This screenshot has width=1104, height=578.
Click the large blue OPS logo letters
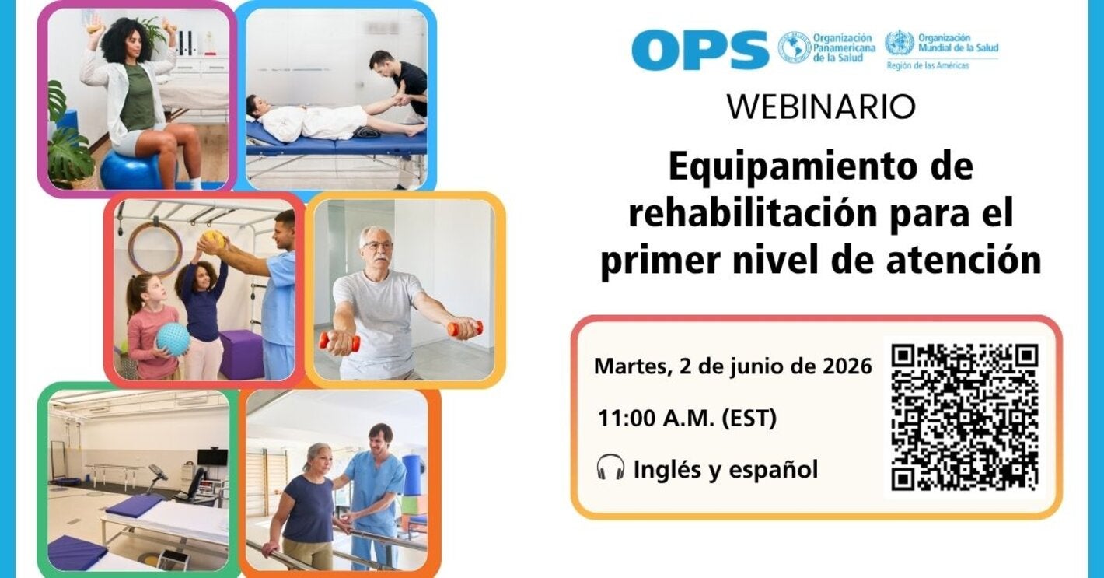pyautogui.click(x=700, y=51)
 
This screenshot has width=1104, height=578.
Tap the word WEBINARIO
pyautogui.click(x=820, y=107)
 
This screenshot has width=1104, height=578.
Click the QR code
pyautogui.click(x=965, y=418)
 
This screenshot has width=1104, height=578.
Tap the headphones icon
pyautogui.click(x=610, y=468)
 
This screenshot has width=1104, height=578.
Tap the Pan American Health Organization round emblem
pyautogui.click(x=794, y=47)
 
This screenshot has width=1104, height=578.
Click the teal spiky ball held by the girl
pyautogui.click(x=173, y=339)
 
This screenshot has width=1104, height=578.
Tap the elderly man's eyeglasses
pyautogui.click(x=379, y=245)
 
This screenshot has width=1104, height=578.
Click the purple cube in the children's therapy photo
pyautogui.click(x=240, y=354)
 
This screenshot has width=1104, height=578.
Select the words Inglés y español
pyautogui.click(x=725, y=470)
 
